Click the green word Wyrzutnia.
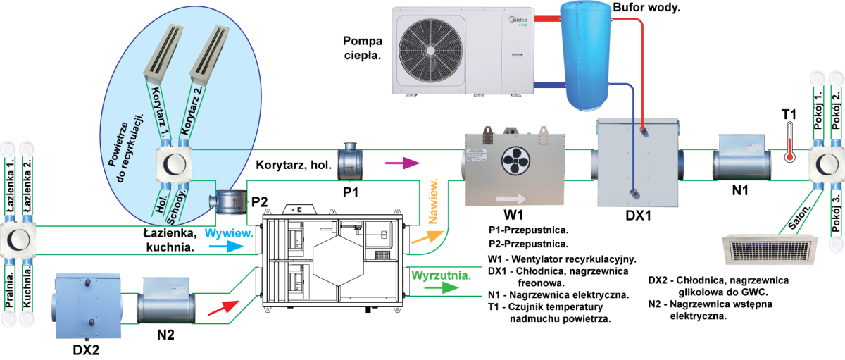pos(442,273)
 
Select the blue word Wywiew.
pos(229,232)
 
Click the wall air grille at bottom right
pos(770,251)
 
